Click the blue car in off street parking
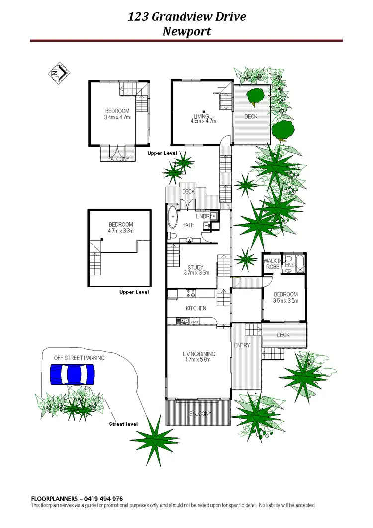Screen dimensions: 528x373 click(x=73, y=374)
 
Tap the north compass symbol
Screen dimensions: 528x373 click(x=59, y=73)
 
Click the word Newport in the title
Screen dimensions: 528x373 click(x=186, y=31)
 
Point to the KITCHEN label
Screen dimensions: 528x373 click(x=196, y=308)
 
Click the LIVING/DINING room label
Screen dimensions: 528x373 click(x=198, y=354)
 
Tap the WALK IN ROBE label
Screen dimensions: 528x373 click(x=272, y=264)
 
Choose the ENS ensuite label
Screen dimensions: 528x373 click(x=290, y=266)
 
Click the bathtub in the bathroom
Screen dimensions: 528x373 click(x=172, y=218)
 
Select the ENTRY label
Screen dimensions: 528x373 click(x=242, y=345)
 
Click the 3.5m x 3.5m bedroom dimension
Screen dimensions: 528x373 click(x=285, y=301)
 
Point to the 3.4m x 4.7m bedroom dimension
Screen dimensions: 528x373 click(x=117, y=118)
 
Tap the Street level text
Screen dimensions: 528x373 click(x=123, y=424)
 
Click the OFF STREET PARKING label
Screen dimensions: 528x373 click(x=80, y=358)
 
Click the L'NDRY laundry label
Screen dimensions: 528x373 click(x=202, y=216)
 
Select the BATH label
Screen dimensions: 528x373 click(x=188, y=225)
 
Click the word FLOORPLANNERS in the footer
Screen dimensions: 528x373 click(x=53, y=499)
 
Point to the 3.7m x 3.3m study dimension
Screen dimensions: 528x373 click(x=197, y=273)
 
